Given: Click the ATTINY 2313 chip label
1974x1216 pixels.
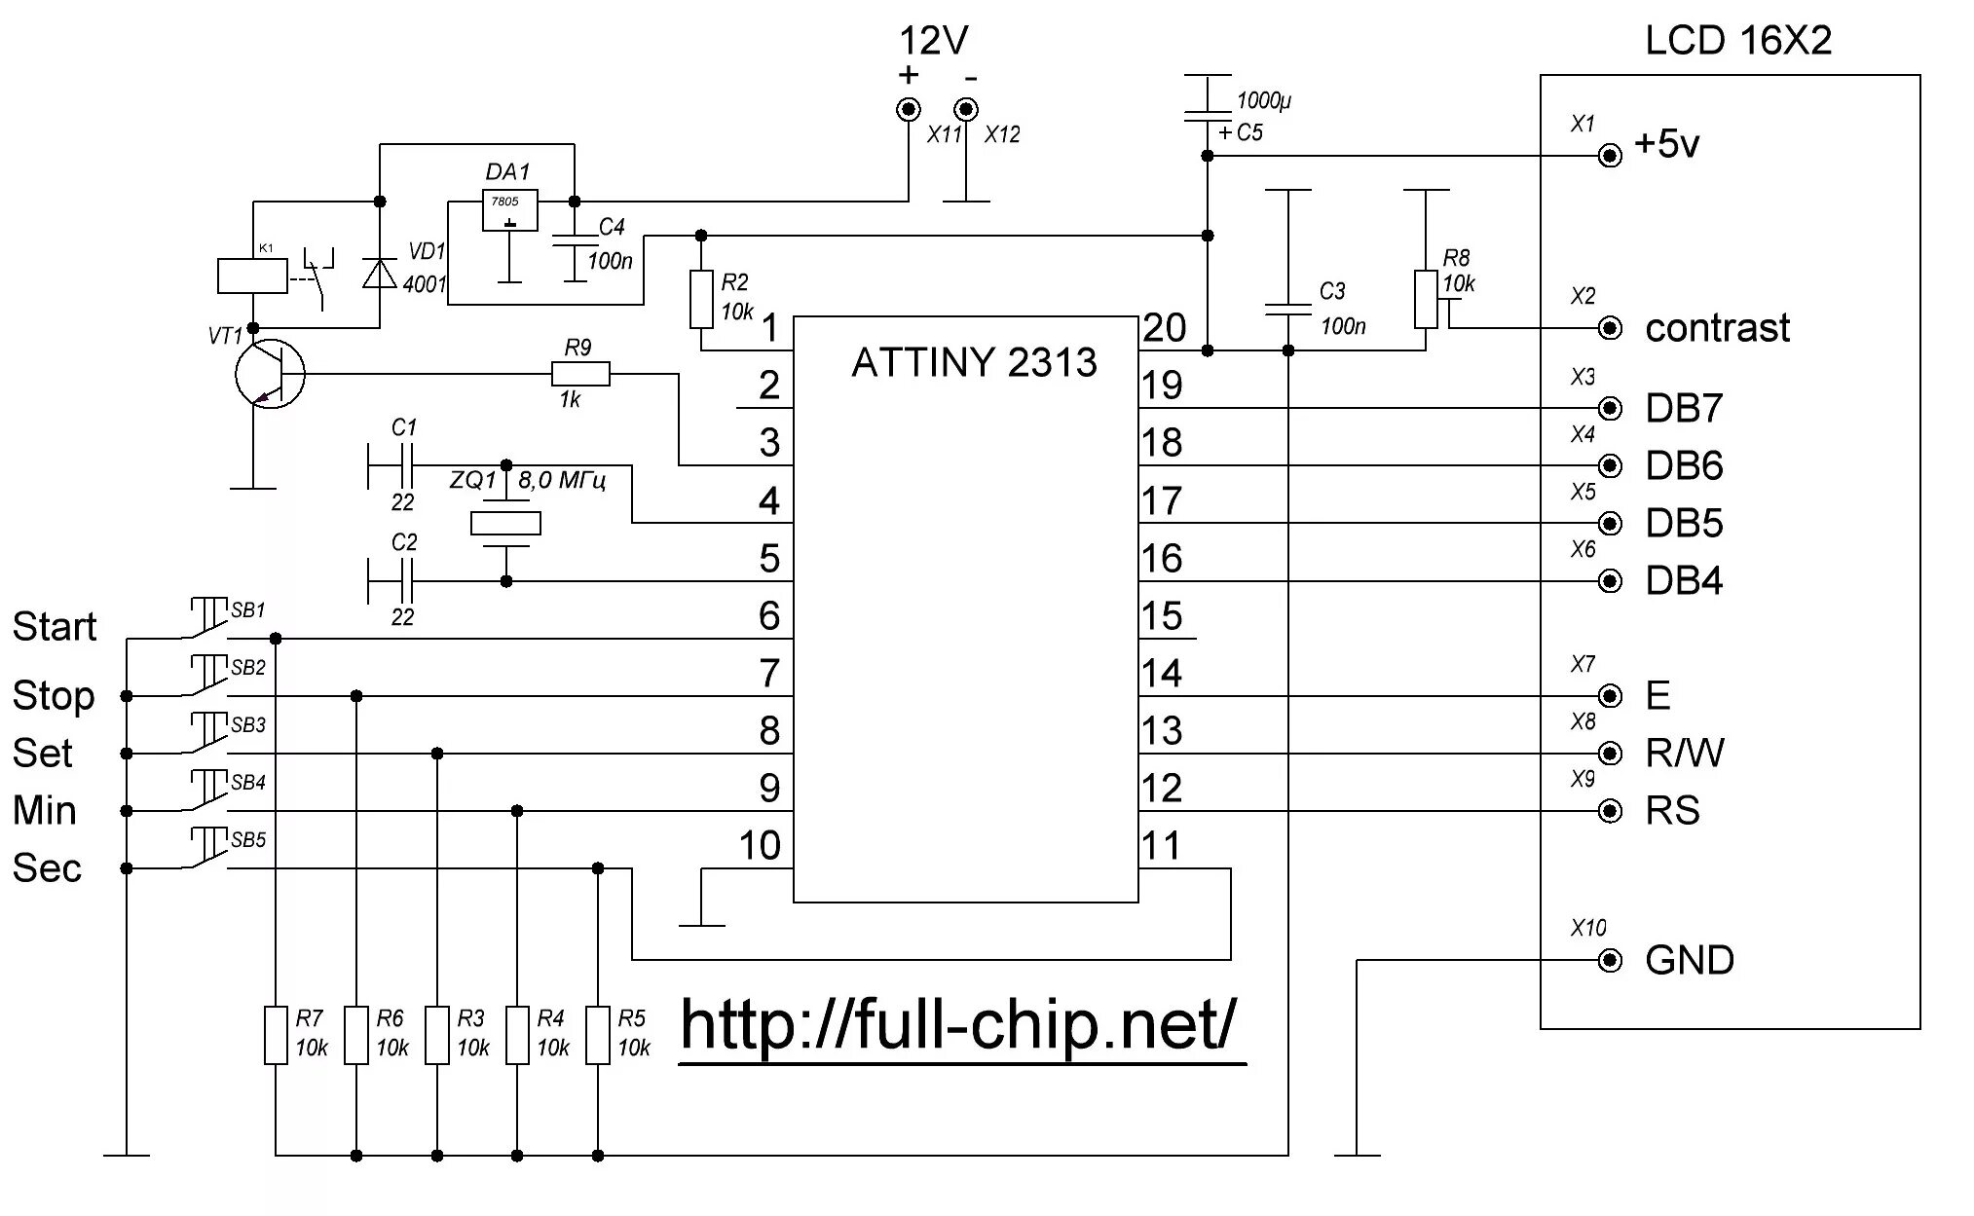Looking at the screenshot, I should pos(974,363).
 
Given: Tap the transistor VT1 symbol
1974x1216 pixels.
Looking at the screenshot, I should pos(270,374).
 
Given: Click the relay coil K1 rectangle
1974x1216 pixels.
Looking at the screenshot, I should pos(252,276).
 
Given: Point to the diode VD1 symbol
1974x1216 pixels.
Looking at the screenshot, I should pos(380,273).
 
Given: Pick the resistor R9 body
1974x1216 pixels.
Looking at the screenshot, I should pos(580,374).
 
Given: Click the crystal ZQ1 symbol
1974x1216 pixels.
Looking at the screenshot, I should pos(505,524).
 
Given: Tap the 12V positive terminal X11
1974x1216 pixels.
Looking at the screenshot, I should pos(909,108).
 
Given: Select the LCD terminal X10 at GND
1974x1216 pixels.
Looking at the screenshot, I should pos(1611,961).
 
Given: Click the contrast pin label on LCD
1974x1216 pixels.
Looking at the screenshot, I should pos(1717,328).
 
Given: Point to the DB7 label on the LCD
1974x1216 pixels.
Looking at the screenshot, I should pos(1684,408).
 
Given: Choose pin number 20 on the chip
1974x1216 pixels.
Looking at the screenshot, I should pos(1165,328).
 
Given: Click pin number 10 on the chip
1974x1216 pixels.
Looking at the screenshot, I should pos(760,845).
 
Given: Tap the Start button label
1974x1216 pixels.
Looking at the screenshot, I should pos(55,626).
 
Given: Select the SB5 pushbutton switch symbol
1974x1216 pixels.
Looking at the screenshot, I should pos(206,850).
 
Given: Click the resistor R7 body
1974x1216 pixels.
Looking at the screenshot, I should pos(276,1034).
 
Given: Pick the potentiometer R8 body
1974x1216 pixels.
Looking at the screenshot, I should pos(1426,300).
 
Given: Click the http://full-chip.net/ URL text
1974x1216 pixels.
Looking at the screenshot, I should pos(959,1024).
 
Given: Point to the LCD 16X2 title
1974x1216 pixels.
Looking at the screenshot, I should pos(1738,41).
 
